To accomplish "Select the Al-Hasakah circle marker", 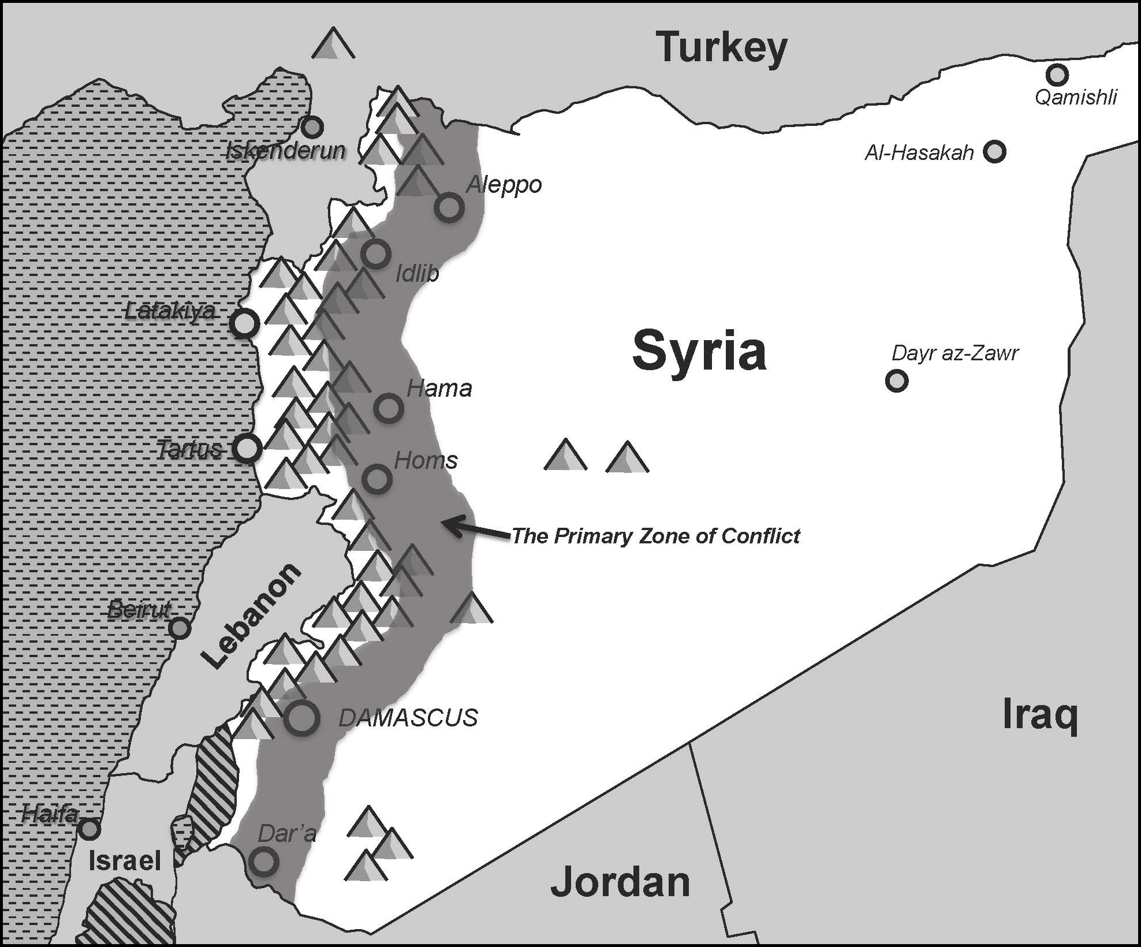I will click(994, 151).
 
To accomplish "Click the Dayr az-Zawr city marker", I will click(896, 381).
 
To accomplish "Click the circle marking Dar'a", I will click(263, 862).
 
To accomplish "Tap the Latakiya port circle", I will click(244, 324).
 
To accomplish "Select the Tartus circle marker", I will click(247, 448).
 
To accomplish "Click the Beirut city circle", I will click(180, 628).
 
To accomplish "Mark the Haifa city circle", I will click(89, 829).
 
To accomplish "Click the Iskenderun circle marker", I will click(312, 127).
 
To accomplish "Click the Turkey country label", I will click(722, 47).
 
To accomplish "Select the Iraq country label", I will click(1040, 715).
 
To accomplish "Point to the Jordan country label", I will click(620, 882).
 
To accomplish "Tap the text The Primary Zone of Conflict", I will click(656, 536).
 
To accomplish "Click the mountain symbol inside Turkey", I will click(333, 44).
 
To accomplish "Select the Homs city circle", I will click(376, 479).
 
